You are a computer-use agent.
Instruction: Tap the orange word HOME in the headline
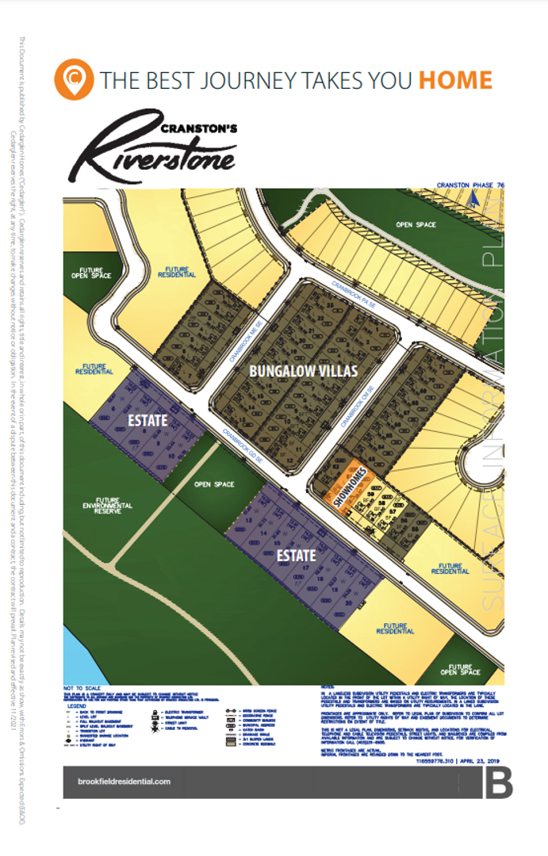point(455,80)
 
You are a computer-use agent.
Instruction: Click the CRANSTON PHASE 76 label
point(470,185)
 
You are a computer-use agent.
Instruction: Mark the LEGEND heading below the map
point(77,705)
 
